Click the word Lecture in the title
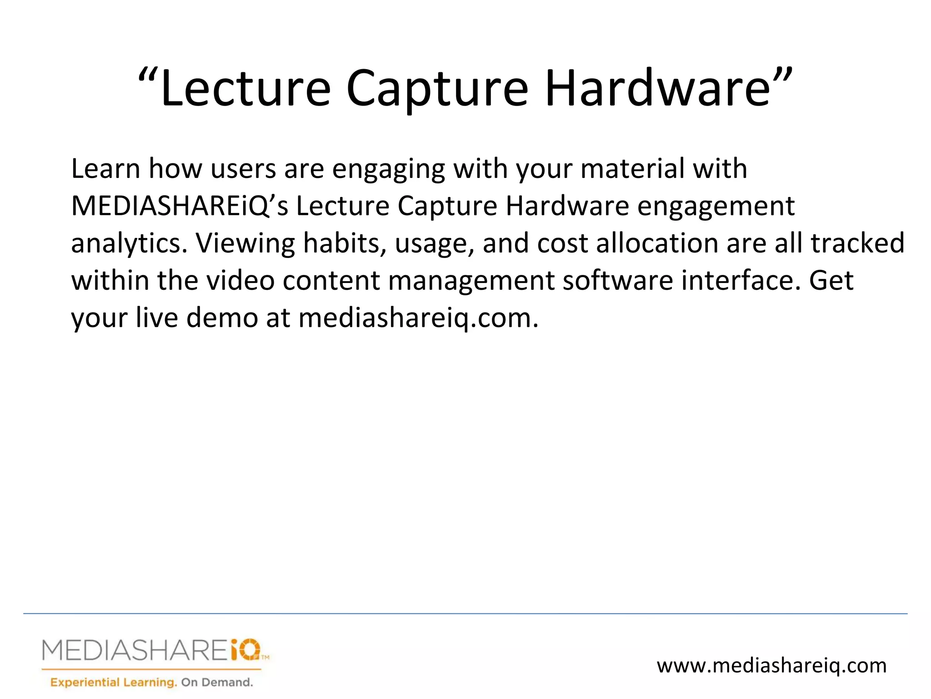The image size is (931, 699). [x=245, y=88]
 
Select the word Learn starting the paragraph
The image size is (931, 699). [x=105, y=168]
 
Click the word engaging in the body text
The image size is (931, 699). [x=389, y=169]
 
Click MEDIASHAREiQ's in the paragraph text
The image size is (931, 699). [x=180, y=206]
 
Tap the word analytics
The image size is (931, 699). [x=129, y=243]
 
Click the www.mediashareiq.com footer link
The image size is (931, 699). [x=771, y=666]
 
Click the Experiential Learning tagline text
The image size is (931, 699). [x=113, y=682]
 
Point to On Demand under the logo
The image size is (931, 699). [x=217, y=682]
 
